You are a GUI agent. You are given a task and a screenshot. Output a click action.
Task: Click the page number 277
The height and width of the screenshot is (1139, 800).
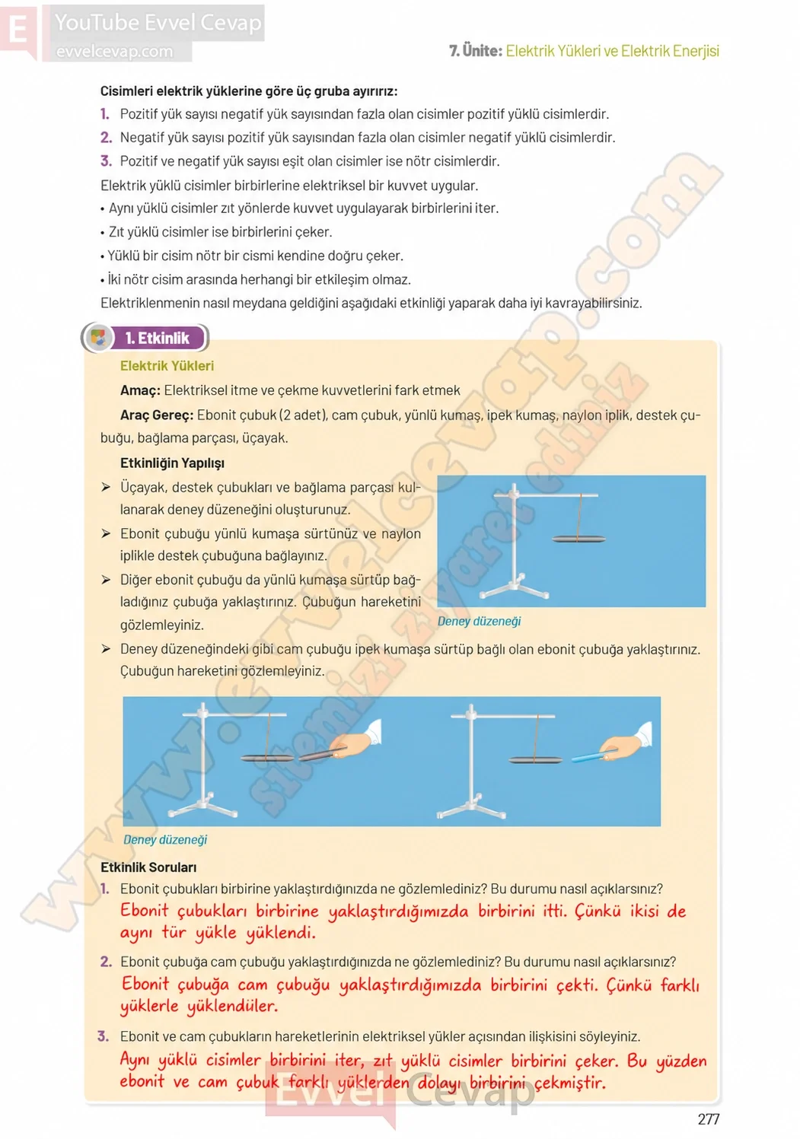(x=709, y=1119)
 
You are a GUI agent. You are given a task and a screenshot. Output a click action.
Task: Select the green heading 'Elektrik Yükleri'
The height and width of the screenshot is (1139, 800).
(x=167, y=366)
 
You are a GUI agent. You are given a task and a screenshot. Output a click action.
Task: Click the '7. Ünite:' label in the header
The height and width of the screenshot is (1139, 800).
(x=476, y=50)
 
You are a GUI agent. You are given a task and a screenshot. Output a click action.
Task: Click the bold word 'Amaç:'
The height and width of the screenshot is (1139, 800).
(x=140, y=390)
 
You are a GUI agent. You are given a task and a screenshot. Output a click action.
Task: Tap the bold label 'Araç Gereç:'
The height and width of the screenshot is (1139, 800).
(x=157, y=415)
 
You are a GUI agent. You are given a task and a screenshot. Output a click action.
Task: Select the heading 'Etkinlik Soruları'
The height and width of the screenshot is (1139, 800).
(x=148, y=867)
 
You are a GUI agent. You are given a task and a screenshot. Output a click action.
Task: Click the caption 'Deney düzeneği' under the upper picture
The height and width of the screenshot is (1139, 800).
(x=479, y=621)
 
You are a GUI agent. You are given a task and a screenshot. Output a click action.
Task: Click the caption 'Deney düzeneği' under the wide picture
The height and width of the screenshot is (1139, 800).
(x=165, y=839)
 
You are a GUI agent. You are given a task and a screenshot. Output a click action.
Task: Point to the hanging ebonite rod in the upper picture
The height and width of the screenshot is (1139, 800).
(x=578, y=539)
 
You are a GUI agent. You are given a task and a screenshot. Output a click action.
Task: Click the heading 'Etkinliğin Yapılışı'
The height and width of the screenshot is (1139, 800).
(x=172, y=463)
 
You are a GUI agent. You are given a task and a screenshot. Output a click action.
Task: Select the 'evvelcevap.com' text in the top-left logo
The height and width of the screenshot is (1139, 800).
(x=114, y=51)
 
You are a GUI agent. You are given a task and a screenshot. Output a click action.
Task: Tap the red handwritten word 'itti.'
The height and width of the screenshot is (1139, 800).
(x=555, y=910)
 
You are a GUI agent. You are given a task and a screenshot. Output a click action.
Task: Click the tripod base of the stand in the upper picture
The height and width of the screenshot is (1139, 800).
(x=514, y=590)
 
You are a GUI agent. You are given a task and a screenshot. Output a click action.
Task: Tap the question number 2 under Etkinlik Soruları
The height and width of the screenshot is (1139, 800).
(x=106, y=962)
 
